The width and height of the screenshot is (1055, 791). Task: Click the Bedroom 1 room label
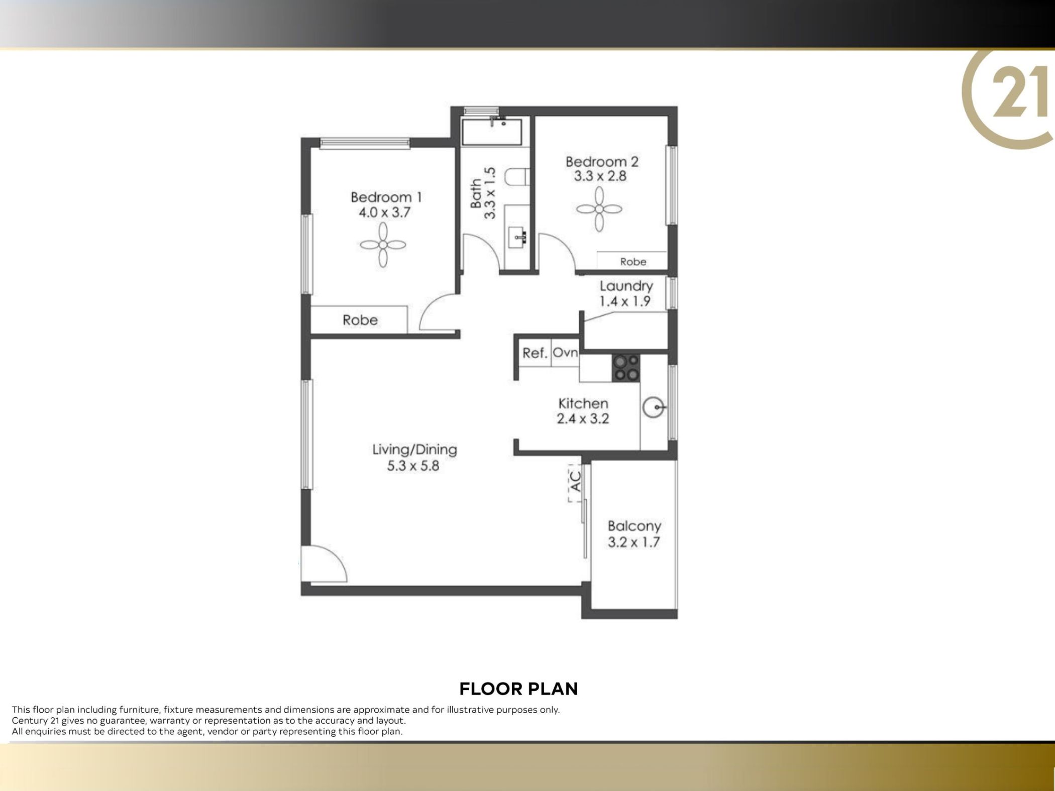[386, 197]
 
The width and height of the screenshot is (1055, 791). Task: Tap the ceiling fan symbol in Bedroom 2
[599, 209]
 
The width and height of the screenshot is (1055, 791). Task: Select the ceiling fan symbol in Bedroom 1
[383, 245]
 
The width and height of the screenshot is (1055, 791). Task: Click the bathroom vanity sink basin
[517, 237]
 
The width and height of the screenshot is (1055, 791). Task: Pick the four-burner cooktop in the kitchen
[626, 368]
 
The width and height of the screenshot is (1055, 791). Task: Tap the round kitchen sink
[654, 407]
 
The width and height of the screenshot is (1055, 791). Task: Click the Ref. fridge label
[535, 353]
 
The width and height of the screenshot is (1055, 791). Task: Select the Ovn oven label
[565, 353]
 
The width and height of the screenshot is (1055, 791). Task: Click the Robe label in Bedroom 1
[360, 320]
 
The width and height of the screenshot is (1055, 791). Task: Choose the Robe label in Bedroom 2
[633, 262]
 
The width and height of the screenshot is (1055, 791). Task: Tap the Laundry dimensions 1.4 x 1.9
[625, 301]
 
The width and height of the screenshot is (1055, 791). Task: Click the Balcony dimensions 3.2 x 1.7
[634, 542]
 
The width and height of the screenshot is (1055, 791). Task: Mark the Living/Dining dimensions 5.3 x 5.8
[413, 466]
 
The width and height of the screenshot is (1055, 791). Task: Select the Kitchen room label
[583, 403]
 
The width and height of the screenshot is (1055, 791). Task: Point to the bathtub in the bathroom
[492, 132]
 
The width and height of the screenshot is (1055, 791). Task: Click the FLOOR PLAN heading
[518, 689]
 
